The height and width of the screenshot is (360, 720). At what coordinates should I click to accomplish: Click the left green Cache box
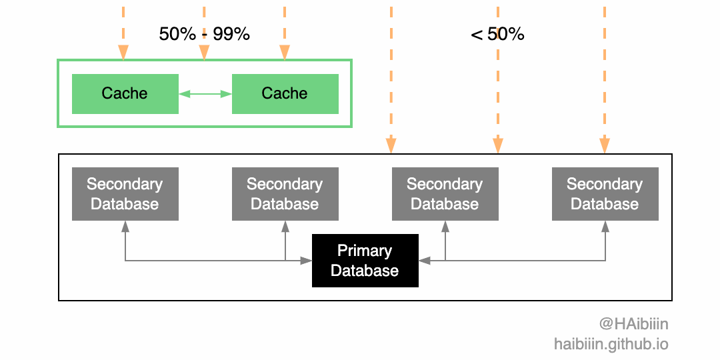(x=125, y=94)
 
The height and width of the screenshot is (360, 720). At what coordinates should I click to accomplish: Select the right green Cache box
(x=285, y=94)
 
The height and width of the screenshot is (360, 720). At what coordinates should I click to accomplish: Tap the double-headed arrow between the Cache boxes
(x=205, y=94)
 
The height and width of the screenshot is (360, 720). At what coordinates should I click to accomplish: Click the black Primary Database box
(x=365, y=261)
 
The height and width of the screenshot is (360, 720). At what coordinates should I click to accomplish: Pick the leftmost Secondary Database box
(x=125, y=194)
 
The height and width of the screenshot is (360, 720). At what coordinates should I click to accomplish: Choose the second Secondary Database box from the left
(x=285, y=194)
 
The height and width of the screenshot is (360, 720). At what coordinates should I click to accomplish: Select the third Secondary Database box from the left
(x=445, y=194)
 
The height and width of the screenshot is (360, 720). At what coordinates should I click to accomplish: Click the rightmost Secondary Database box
(x=605, y=194)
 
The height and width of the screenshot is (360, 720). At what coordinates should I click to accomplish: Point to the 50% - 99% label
(x=204, y=34)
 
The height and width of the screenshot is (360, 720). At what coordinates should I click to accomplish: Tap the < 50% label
(x=497, y=34)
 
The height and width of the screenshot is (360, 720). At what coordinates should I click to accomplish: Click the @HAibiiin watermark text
(x=633, y=324)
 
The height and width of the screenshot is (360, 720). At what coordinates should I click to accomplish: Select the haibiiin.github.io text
(x=611, y=344)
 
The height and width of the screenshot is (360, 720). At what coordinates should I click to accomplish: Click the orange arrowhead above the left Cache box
(x=123, y=53)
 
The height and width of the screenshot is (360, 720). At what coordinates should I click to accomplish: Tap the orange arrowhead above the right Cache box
(x=285, y=53)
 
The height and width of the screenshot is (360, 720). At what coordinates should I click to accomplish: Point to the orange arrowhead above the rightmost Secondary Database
(x=605, y=145)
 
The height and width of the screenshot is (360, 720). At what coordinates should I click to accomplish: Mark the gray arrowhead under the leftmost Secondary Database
(x=125, y=227)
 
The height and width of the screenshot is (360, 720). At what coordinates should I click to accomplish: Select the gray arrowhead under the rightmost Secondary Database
(x=605, y=227)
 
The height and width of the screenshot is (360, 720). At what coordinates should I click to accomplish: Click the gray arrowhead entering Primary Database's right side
(x=425, y=261)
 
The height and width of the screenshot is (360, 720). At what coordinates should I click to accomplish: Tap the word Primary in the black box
(x=365, y=251)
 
